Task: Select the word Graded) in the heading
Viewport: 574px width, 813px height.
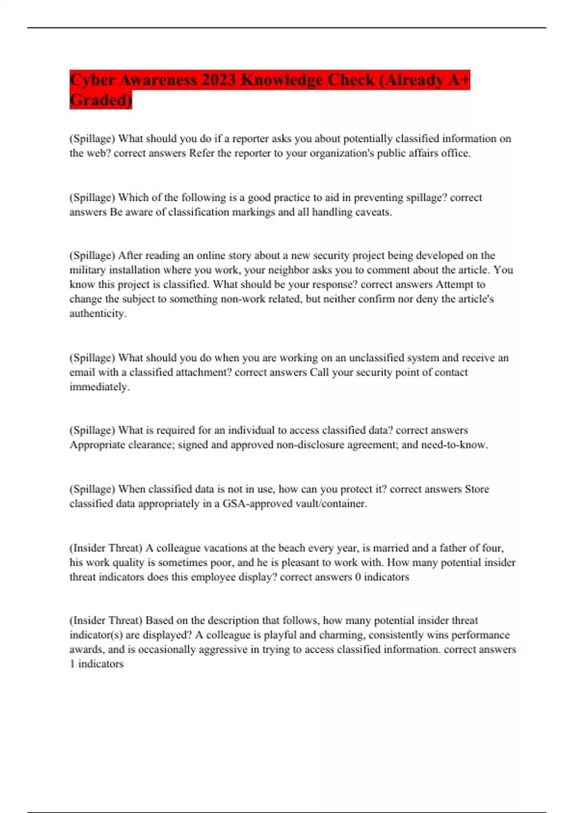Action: click(100, 100)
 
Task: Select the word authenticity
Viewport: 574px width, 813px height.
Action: click(98, 314)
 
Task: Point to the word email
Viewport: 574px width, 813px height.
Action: click(82, 373)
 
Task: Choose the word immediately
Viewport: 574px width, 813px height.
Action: click(99, 387)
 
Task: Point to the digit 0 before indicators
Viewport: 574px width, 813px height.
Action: click(358, 577)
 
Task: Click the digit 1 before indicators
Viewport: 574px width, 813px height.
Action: click(72, 664)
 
